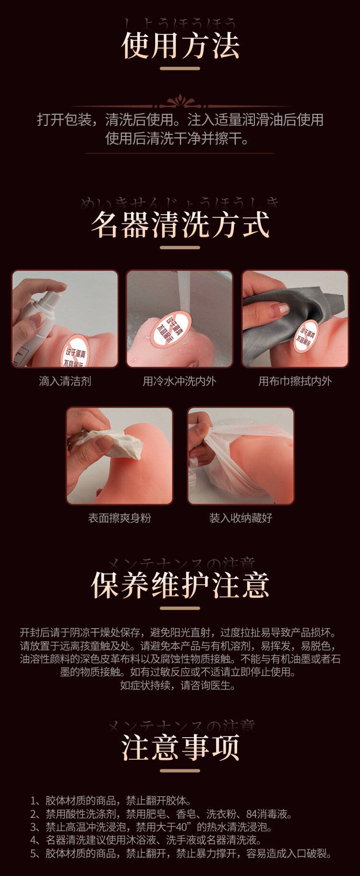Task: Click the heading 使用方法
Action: [180, 46]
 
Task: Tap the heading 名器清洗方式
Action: [180, 225]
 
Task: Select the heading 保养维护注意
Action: [180, 585]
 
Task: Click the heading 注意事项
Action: [180, 747]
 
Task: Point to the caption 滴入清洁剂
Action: [65, 381]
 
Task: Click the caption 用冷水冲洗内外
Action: [180, 381]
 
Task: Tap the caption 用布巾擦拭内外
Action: [295, 381]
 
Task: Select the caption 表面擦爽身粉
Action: [120, 518]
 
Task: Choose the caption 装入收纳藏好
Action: [240, 518]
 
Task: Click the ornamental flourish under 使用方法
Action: [180, 102]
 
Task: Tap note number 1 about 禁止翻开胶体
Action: [111, 801]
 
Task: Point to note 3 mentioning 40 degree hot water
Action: [151, 827]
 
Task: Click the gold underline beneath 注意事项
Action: [180, 771]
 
